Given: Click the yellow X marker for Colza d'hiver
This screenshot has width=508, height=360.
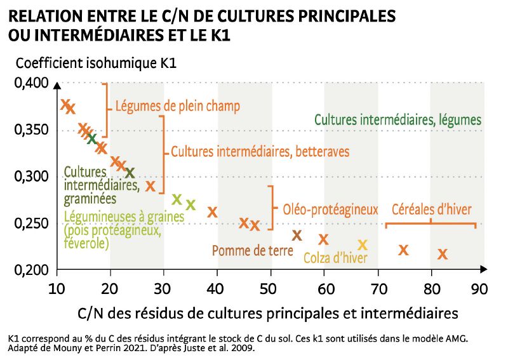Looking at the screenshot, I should (363, 245).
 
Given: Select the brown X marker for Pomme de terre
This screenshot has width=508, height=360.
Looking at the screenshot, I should (297, 236).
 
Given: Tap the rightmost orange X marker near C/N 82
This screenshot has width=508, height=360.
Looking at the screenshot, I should (443, 255).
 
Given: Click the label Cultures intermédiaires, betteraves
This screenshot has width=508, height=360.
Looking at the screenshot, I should (260, 152).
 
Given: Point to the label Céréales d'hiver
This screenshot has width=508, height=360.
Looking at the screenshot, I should (431, 209).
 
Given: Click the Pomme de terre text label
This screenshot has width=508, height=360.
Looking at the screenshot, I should (253, 251).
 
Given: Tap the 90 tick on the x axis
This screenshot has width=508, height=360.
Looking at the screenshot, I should (479, 289).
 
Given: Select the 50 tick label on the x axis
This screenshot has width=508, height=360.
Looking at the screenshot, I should (270, 289).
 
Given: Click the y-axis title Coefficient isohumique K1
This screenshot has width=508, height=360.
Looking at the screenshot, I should (96, 63).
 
